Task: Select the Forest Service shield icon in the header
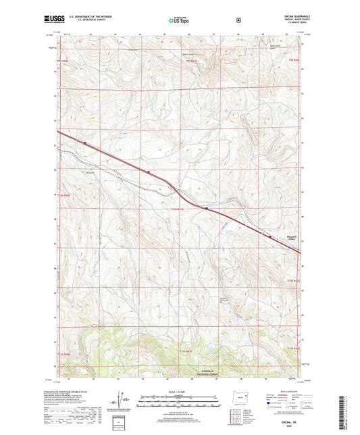point(238,20)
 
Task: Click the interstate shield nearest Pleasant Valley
point(269,236)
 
